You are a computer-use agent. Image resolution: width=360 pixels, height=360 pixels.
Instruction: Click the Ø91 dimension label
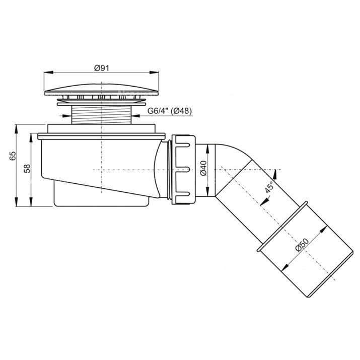pos(102,68)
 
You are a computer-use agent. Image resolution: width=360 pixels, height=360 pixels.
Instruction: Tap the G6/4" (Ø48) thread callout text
pos(170,111)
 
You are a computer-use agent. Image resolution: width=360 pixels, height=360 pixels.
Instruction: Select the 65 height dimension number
pos(13,156)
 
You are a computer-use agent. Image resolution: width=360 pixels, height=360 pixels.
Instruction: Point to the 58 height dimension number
pos(27,169)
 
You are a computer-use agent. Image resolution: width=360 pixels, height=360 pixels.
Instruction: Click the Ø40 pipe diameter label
pos(203,168)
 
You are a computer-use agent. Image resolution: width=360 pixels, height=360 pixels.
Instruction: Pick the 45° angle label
pos(269,186)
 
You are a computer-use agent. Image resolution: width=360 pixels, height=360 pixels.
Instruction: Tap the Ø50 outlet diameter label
pos(302,245)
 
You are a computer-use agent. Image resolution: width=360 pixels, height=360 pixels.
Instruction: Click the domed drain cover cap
pos(101,90)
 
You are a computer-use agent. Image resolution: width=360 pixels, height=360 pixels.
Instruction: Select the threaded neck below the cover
pos(101,115)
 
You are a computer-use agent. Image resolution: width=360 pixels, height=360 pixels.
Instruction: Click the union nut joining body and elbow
pos(183,170)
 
